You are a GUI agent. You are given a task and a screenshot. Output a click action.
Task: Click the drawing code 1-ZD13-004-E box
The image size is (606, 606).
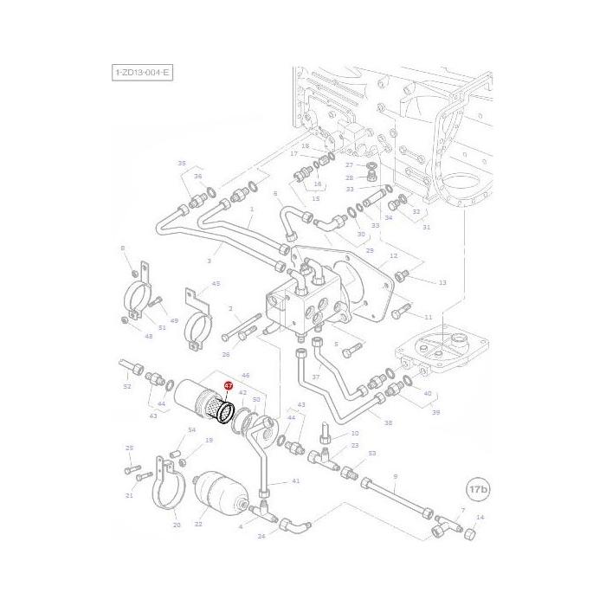coord(142,74)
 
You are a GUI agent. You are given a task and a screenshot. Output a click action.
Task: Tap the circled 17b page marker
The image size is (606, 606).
coord(477,488)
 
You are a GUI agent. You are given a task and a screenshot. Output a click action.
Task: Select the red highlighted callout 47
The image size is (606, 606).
coord(229,385)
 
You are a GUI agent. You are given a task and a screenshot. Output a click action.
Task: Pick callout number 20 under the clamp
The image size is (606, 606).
coord(177,525)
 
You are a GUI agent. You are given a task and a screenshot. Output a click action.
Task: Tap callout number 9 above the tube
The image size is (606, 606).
coord(395,476)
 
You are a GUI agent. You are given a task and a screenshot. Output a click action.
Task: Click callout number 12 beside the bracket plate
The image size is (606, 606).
coord(393,255)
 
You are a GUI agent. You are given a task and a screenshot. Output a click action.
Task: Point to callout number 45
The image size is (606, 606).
coord(216,283)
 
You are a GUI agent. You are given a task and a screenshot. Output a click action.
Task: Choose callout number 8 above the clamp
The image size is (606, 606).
coord(123,249)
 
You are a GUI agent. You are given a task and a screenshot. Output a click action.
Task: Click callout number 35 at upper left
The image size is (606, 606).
coord(182,164)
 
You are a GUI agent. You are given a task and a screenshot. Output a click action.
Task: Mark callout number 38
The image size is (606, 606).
coord(387,423)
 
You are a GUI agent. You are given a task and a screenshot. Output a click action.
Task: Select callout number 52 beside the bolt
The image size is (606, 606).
coord(127,386)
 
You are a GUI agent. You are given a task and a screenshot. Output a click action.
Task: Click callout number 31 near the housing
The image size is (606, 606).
coord(425,228)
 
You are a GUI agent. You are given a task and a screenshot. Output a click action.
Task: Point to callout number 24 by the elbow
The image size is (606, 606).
coord(261,536)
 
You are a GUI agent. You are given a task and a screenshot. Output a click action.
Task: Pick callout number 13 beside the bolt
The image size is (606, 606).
coord(442,282)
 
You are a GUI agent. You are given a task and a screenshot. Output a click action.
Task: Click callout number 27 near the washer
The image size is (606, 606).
coord(350,164)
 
